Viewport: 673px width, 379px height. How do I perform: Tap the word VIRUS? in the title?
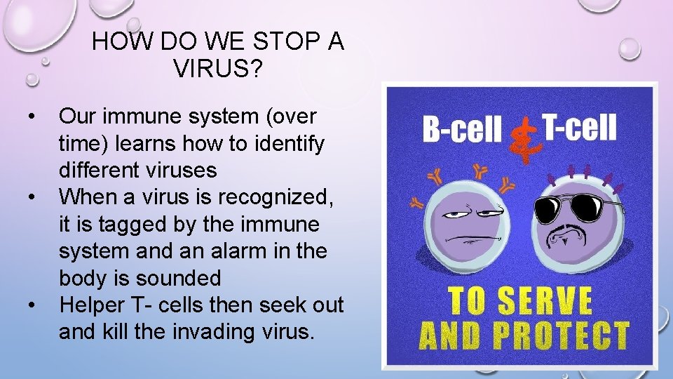coord(217,69)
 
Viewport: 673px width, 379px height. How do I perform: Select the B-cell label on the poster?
coord(462,129)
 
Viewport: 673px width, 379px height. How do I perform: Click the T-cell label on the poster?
coord(580,128)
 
